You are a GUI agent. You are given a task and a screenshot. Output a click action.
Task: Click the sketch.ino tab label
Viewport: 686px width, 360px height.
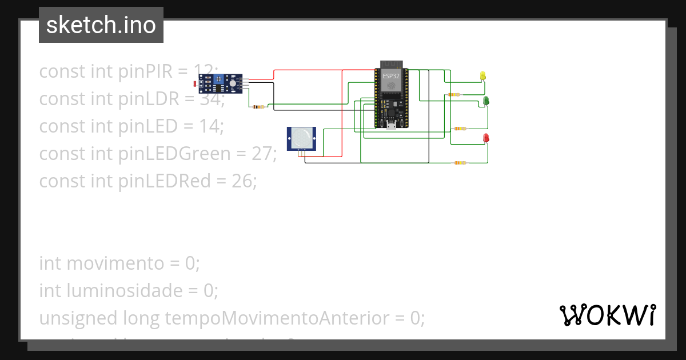(101, 25)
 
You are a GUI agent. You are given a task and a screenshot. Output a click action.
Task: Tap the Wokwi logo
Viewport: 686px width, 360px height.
(607, 315)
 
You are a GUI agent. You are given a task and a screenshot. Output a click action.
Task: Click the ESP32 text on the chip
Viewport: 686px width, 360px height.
(391, 76)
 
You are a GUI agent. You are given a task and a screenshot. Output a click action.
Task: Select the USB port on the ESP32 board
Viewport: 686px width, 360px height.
(391, 126)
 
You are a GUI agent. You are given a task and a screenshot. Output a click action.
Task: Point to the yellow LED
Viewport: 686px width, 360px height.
(482, 75)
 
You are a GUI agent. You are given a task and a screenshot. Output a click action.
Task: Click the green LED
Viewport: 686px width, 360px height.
(486, 101)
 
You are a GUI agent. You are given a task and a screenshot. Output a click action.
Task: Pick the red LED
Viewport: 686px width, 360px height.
(486, 137)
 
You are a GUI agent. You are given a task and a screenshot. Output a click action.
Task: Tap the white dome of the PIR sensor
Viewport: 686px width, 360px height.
(301, 136)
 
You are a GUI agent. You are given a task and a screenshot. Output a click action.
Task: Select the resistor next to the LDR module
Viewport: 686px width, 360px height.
(259, 106)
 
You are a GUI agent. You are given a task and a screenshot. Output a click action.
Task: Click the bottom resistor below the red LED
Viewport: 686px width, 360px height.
(460, 163)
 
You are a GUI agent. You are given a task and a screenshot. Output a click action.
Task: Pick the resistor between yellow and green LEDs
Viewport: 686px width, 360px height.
(454, 95)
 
